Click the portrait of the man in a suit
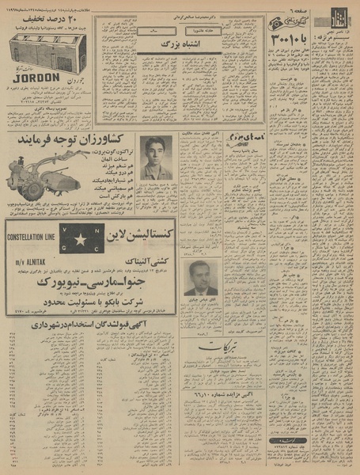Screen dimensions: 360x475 [199, 278]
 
